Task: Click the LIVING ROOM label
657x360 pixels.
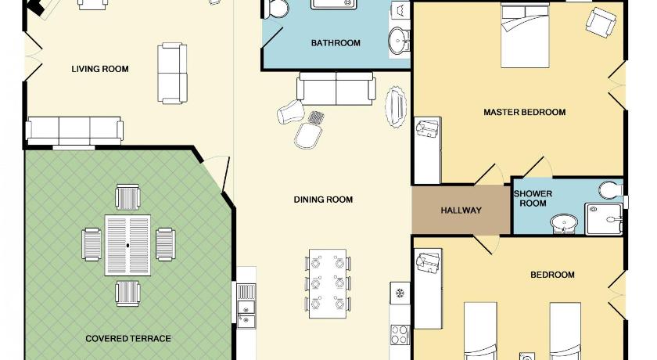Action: click(100, 69)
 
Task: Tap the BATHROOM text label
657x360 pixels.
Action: click(336, 43)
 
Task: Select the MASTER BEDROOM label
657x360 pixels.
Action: click(525, 112)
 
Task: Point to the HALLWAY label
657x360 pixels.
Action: click(461, 210)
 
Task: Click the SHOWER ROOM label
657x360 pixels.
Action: click(533, 198)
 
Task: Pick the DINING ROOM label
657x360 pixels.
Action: click(323, 200)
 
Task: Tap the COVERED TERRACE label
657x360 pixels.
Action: click(128, 339)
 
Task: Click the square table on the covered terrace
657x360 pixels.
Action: click(127, 245)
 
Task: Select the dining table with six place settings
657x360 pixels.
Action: click(328, 284)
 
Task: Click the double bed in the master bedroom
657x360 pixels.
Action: click(525, 36)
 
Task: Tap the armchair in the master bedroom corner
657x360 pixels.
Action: click(601, 23)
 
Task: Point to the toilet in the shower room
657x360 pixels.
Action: click(610, 190)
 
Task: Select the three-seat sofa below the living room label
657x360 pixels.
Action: click(74, 131)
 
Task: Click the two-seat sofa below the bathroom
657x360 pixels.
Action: click(336, 88)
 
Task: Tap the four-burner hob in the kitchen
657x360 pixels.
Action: click(400, 334)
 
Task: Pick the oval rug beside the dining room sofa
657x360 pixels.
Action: click(396, 107)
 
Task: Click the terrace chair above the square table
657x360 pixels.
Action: click(127, 197)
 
